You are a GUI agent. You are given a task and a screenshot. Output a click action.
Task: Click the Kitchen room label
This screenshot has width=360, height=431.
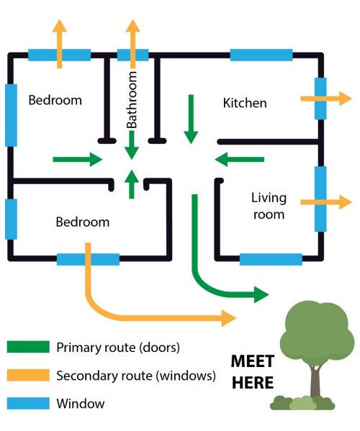tap(245, 103)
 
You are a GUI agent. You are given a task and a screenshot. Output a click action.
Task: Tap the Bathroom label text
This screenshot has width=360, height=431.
tap(132, 100)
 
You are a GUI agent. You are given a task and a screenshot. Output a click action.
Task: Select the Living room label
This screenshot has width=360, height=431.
tap(269, 206)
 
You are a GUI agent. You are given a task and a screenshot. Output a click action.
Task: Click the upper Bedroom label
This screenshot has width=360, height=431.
tap(55, 100)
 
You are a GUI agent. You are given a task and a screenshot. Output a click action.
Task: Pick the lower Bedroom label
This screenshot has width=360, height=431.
tap(83, 222)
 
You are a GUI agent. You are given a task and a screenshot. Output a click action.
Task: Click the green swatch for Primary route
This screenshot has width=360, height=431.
tap(28, 347)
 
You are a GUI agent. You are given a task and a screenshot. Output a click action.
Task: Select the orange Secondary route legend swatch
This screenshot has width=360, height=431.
tap(28, 375)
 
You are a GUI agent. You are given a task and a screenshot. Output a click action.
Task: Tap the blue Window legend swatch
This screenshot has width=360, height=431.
tap(28, 403)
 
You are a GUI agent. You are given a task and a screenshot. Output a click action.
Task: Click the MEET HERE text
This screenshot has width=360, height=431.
tap(253, 371)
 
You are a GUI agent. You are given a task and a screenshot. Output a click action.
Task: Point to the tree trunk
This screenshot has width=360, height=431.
tap(315, 381)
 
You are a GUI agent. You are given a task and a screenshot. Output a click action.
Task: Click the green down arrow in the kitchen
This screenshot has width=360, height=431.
tap(191, 119)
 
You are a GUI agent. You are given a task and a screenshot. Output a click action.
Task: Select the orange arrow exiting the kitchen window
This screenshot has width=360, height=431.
tap(326, 99)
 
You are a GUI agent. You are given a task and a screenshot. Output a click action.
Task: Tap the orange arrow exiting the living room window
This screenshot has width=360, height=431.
tap(326, 202)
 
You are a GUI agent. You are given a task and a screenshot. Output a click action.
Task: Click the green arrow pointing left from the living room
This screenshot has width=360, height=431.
tap(239, 160)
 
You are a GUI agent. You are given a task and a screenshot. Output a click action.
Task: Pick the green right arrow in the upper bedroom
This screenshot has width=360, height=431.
tap(78, 160)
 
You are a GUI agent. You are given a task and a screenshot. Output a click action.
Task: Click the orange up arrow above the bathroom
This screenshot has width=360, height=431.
tap(132, 44)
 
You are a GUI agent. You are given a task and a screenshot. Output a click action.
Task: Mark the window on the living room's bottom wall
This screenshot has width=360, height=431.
tap(271, 259)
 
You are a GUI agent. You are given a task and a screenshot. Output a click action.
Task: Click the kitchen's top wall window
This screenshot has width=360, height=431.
tap(261, 55)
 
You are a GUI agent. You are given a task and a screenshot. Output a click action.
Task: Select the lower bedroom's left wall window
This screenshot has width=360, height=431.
tap(11, 219)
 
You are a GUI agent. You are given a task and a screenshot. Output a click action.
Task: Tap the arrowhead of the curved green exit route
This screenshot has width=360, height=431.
tap(261, 295)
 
